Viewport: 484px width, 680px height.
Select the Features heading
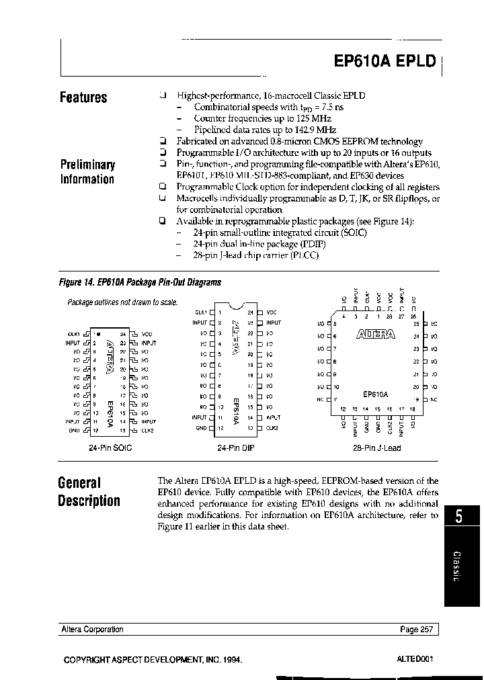pos(83,98)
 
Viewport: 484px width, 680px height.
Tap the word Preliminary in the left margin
pos(87,165)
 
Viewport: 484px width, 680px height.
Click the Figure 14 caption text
pos(140,283)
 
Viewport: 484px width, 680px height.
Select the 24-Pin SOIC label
pos(110,448)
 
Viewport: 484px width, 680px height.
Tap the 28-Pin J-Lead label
pos(376,448)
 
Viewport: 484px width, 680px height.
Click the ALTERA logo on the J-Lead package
pos(376,334)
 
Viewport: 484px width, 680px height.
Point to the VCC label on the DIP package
pos(271,312)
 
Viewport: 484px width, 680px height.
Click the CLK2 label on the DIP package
pos(271,427)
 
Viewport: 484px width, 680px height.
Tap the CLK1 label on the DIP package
pos(200,312)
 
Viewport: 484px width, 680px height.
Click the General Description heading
pos(89,492)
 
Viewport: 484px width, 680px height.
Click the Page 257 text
pos(417,630)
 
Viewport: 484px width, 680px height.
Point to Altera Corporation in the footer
pos(92,630)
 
